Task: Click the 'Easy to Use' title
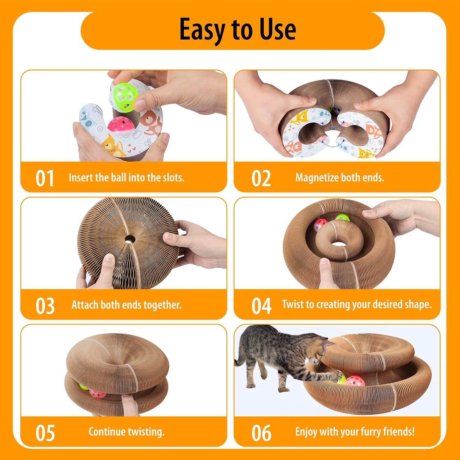pyautogui.click(x=237, y=30)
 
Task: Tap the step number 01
pyautogui.click(x=45, y=178)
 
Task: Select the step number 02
pyautogui.click(x=261, y=178)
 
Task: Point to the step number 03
pyautogui.click(x=45, y=306)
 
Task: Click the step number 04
pyautogui.click(x=261, y=306)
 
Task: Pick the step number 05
pyautogui.click(x=45, y=433)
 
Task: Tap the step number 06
pyautogui.click(x=261, y=433)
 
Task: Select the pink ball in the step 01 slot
pyautogui.click(x=119, y=125)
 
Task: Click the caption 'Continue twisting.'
pyautogui.click(x=126, y=432)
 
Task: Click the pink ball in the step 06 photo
pyautogui.click(x=355, y=381)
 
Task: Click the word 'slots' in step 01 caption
pyautogui.click(x=172, y=178)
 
